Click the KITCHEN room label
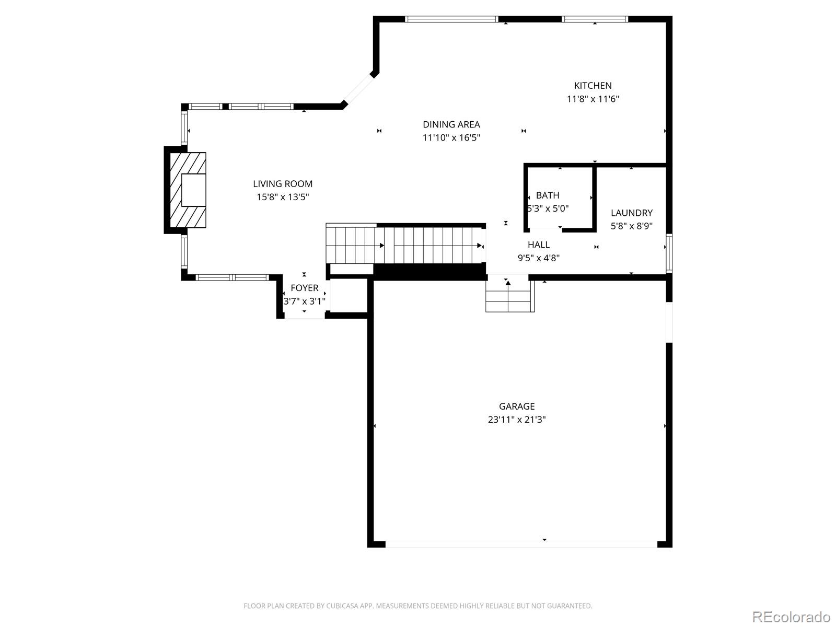pos(593,86)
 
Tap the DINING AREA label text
pos(451,124)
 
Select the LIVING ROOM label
pos(283,184)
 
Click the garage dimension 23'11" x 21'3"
pos(517,420)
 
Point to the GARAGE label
pos(517,406)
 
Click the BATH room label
pos(548,195)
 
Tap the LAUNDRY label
pos(632,213)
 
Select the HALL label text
pos(538,245)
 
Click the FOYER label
pos(304,288)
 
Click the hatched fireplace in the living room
pos(187,190)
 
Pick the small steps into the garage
pos(509,296)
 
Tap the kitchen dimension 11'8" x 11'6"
pos(593,99)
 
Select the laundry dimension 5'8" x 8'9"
pos(632,226)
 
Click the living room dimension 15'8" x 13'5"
pos(283,198)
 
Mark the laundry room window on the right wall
pos(669,253)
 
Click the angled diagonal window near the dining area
pos(358,89)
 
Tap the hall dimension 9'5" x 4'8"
pos(538,258)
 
